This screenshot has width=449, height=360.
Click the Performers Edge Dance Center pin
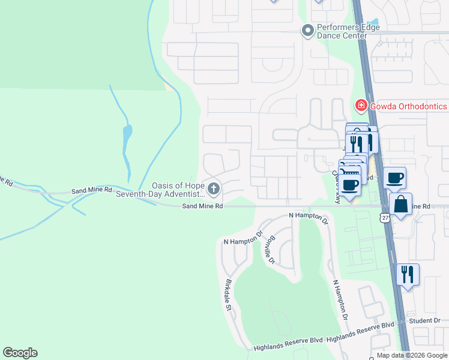[x=308, y=30]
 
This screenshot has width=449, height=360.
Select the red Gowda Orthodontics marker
[x=361, y=106]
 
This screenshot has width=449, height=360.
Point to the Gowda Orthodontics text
[x=408, y=106]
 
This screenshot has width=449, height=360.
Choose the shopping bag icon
[x=400, y=204]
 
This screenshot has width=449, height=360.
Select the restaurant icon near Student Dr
[x=408, y=274]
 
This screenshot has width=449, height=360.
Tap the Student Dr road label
[x=424, y=321]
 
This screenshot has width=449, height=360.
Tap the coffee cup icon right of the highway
[x=395, y=177]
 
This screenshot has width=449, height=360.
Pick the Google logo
[x=20, y=353]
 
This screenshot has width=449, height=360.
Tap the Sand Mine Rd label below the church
[x=203, y=206]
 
